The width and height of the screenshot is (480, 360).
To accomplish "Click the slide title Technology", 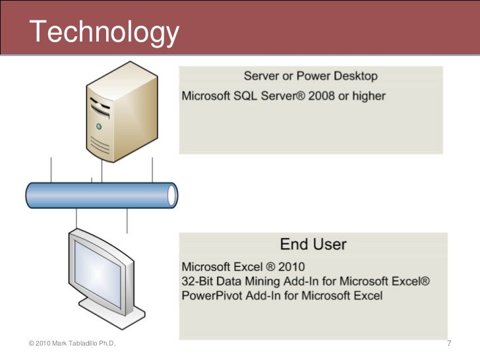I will click(x=104, y=31).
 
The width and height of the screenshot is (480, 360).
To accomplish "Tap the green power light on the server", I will click(x=99, y=125).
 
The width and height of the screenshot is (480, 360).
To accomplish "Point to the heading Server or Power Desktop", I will click(x=311, y=76).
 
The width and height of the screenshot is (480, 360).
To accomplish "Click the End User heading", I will click(x=313, y=244).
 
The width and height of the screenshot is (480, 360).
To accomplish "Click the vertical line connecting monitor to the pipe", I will click(x=78, y=218).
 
